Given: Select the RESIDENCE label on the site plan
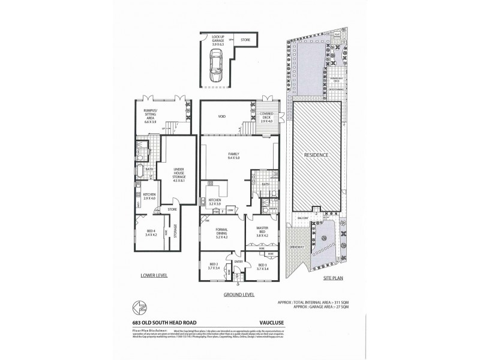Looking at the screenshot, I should tap(316, 155).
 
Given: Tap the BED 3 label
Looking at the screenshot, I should tap(262, 266).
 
